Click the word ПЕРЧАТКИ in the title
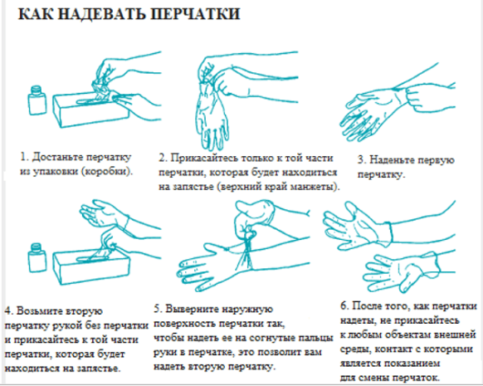click(x=196, y=14)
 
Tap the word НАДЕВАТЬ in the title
click(x=102, y=14)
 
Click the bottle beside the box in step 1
click(x=37, y=100)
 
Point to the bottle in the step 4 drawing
click(x=37, y=257)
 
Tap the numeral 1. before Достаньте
click(x=24, y=157)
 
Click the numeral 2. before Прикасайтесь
click(x=163, y=158)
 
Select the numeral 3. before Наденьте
click(x=362, y=160)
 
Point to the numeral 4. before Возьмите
click(x=9, y=310)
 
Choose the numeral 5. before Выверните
click(x=159, y=309)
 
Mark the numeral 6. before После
click(x=344, y=306)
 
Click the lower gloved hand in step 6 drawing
click(x=401, y=272)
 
